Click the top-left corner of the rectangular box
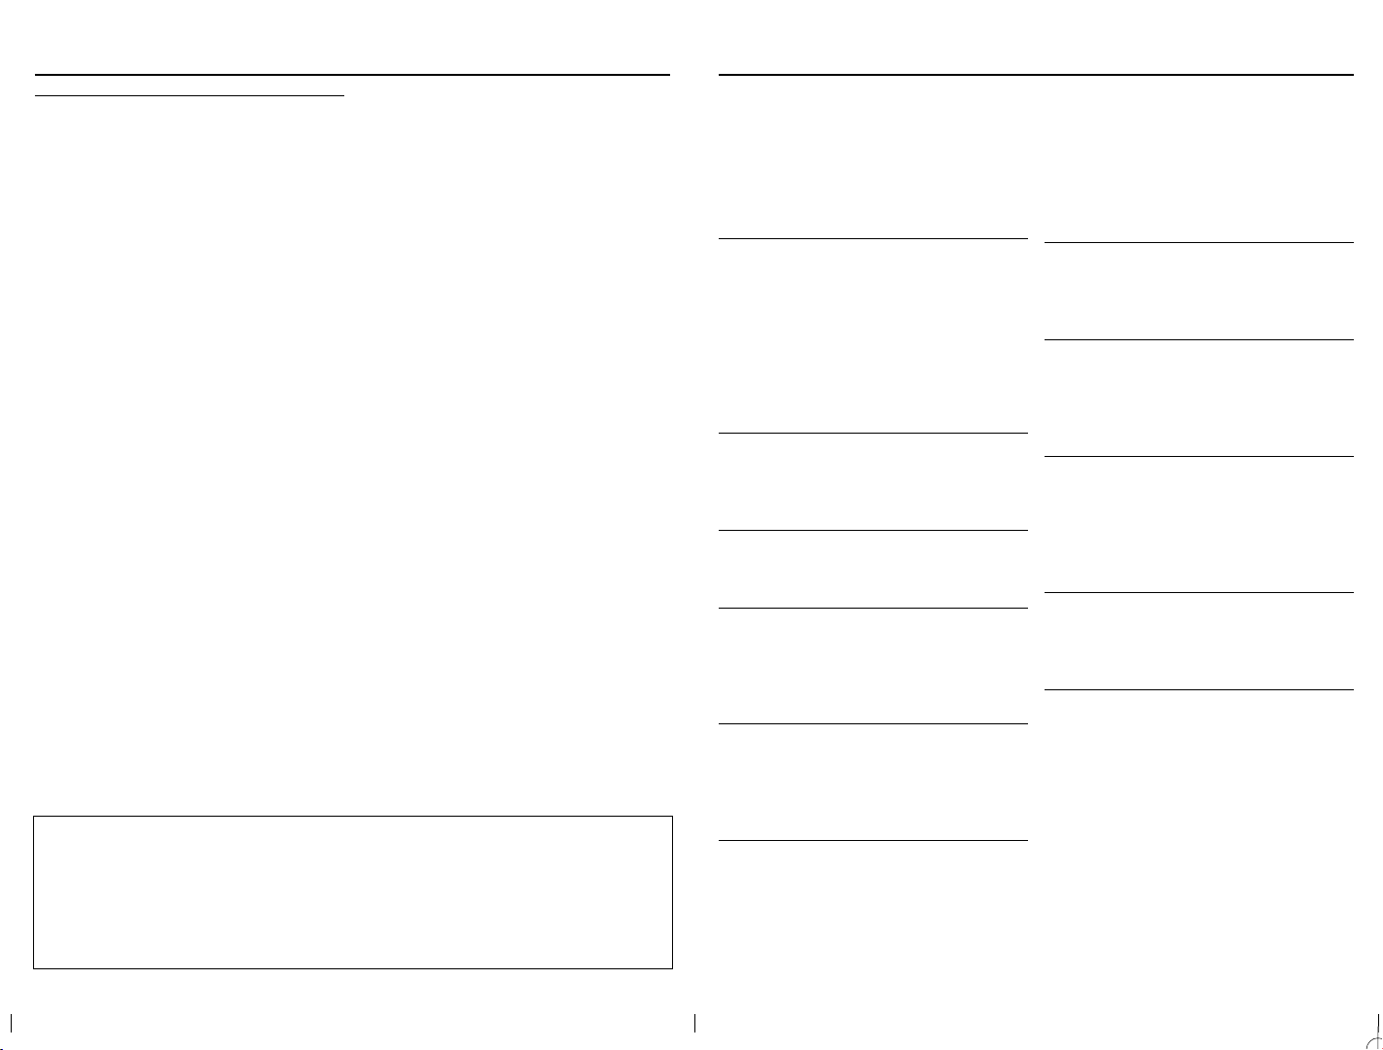click(x=34, y=817)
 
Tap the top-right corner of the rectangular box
click(x=672, y=817)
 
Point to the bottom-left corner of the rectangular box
click(x=34, y=968)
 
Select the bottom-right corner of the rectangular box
click(x=672, y=968)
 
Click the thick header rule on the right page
click(x=1035, y=74)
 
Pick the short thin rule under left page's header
click(x=190, y=95)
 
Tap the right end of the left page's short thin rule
click(x=344, y=95)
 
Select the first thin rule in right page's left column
click(x=872, y=237)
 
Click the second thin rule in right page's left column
click(x=872, y=433)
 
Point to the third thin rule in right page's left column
click(x=872, y=530)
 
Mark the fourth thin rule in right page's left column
click(x=872, y=608)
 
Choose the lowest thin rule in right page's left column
click(x=872, y=840)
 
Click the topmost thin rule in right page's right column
click(x=1198, y=242)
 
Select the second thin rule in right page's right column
click(x=1198, y=339)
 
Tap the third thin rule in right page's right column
click(x=1198, y=456)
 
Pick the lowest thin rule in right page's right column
click(x=1198, y=689)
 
